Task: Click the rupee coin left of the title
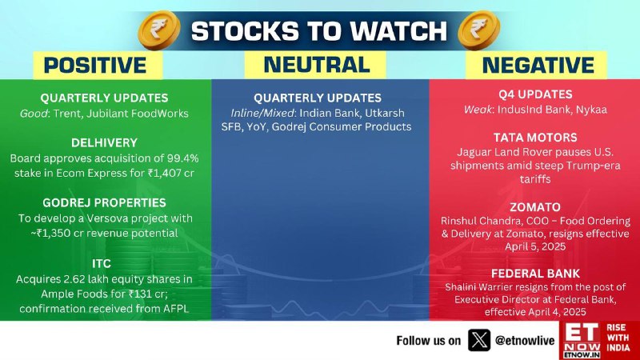[159, 30]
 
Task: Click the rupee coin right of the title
[478, 30]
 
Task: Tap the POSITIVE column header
[95, 66]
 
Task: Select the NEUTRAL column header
[317, 65]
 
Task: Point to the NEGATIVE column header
[538, 66]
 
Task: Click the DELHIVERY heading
[105, 143]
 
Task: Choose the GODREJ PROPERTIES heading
[105, 203]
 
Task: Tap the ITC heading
[102, 264]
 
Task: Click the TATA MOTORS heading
[535, 138]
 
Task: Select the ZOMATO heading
[535, 207]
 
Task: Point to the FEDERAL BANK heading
[535, 274]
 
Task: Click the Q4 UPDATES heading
[535, 94]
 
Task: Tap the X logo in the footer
[479, 340]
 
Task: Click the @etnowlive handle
[525, 341]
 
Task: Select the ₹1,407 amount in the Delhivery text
[166, 173]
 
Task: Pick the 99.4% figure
[183, 158]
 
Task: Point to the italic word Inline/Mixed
[263, 113]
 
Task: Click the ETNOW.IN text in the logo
[582, 355]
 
